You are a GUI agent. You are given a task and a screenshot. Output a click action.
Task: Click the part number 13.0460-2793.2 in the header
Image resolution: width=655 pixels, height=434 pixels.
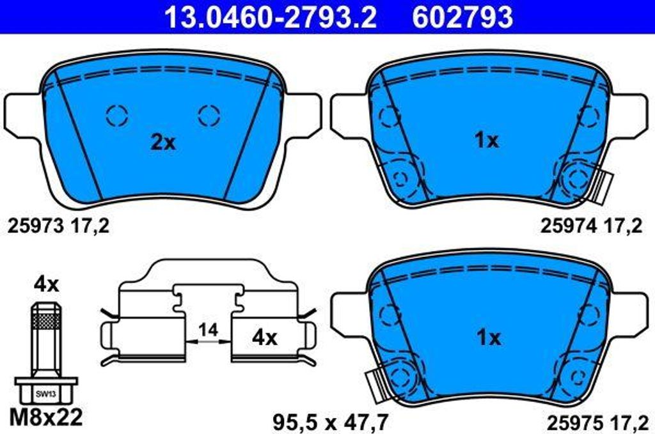[271, 17]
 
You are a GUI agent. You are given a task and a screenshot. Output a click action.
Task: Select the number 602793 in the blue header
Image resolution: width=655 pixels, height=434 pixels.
[462, 17]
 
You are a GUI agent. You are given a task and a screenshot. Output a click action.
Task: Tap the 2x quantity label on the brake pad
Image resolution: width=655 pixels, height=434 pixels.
[163, 143]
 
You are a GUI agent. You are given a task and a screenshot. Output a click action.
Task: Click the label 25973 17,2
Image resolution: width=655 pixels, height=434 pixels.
[58, 226]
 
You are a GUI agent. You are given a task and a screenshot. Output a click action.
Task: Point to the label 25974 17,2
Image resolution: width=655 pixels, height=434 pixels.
[591, 226]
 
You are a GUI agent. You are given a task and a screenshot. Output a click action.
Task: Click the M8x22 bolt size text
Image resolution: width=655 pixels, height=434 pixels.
[46, 417]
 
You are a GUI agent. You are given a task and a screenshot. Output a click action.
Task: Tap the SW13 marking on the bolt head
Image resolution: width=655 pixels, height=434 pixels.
[46, 394]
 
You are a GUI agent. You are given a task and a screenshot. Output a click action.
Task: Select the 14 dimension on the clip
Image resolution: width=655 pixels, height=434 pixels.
[208, 330]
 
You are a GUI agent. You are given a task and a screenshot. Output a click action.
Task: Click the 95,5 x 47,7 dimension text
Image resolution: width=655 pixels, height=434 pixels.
[331, 422]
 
